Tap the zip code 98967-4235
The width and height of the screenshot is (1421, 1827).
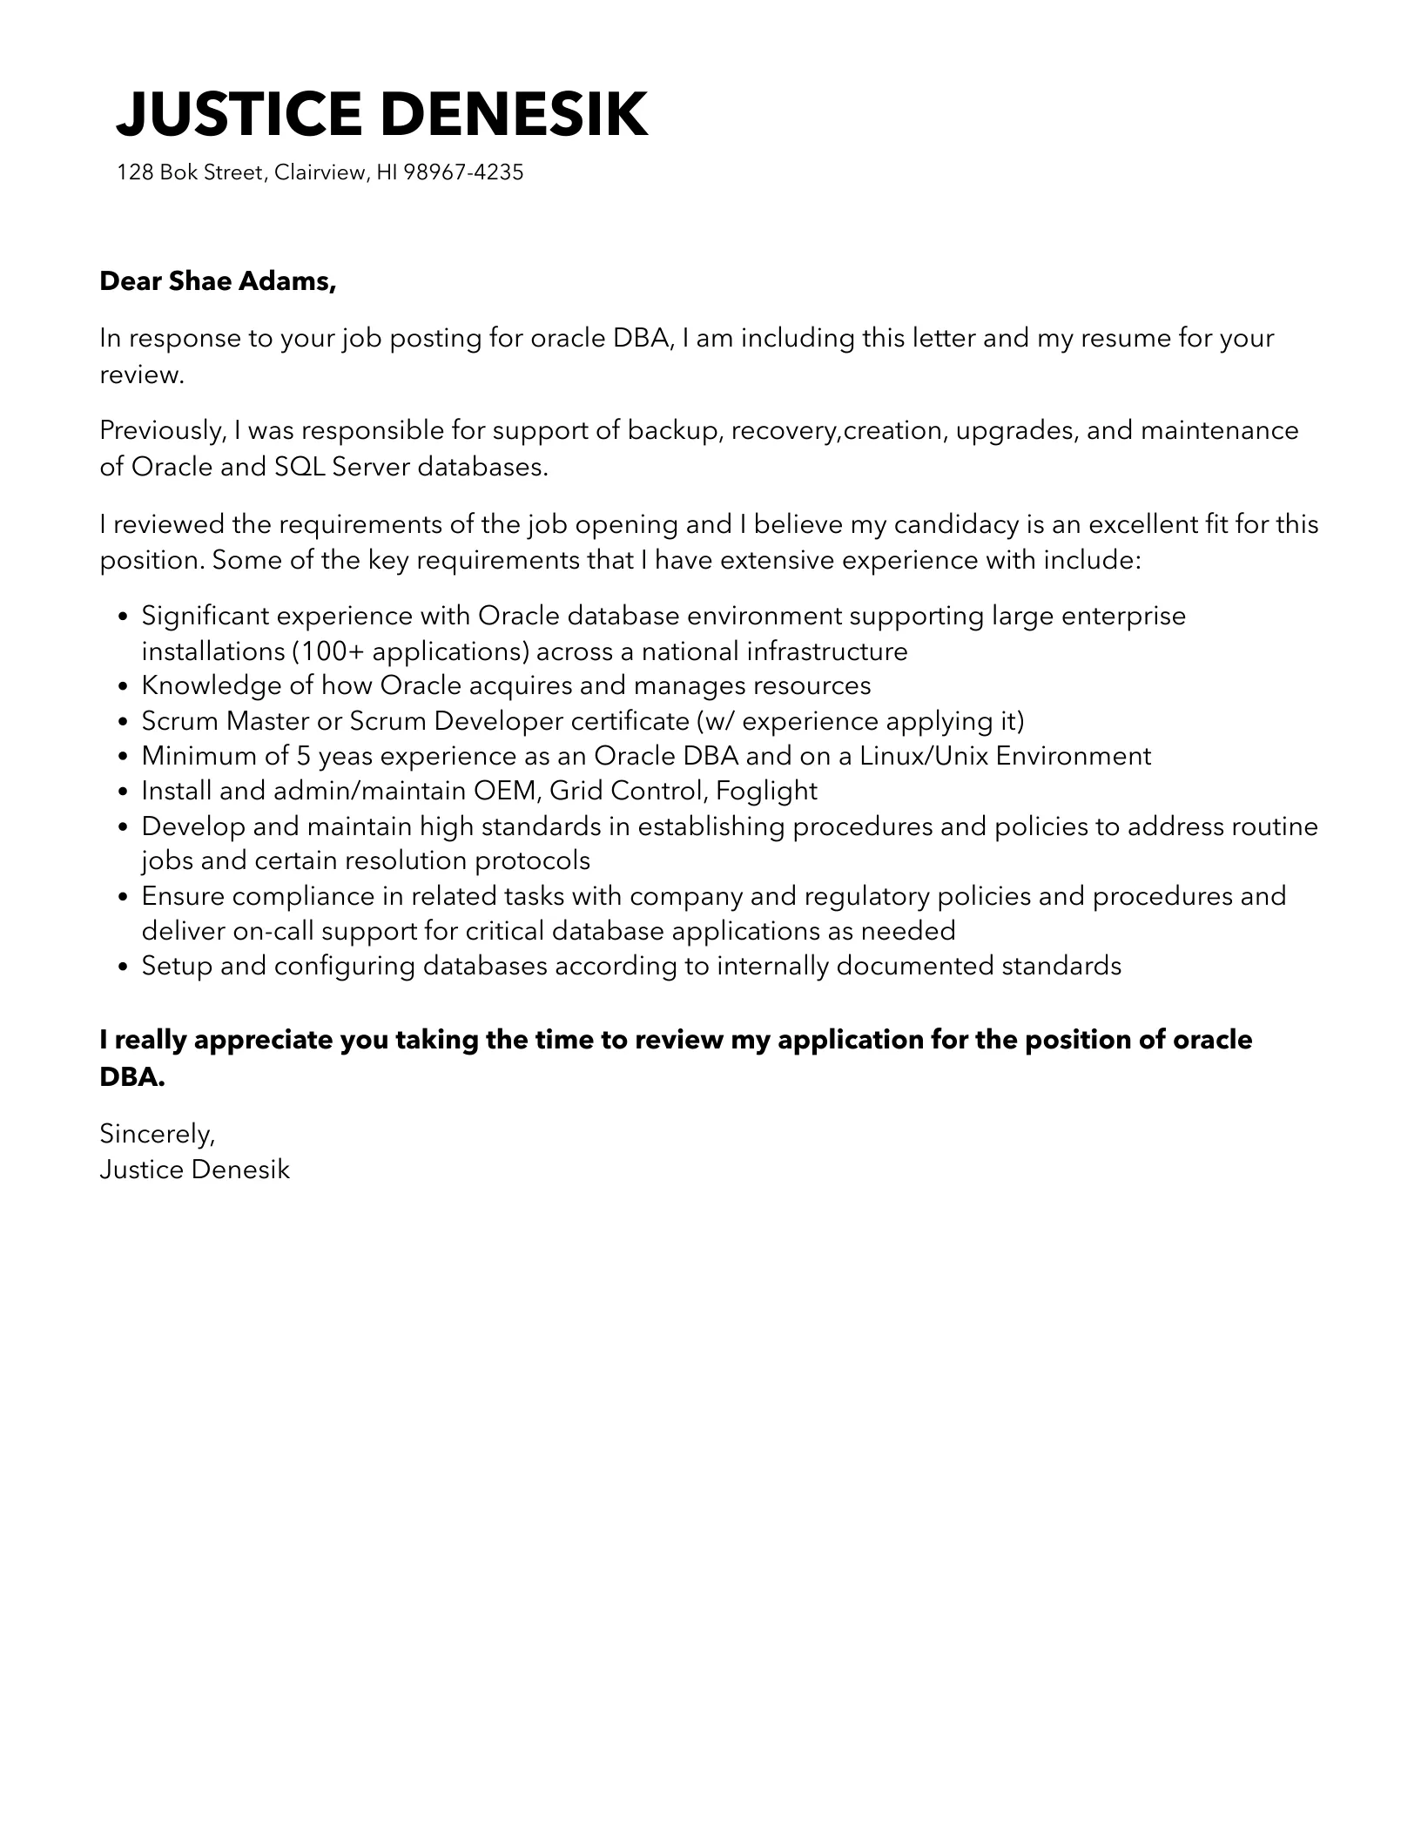point(464,172)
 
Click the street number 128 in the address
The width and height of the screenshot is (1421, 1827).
point(135,172)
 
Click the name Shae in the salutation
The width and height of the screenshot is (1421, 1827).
point(199,281)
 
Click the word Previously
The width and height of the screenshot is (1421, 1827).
point(163,430)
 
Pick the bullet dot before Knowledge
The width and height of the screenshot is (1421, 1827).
point(123,686)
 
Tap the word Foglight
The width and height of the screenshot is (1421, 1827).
point(766,791)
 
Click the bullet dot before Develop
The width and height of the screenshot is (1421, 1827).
point(123,826)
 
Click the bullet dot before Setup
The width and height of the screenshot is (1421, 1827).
point(123,967)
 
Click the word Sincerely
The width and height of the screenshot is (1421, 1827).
point(157,1133)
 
